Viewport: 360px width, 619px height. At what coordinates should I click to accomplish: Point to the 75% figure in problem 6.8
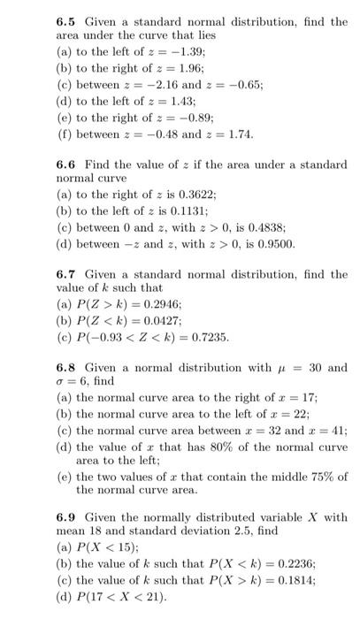tap(311, 475)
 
